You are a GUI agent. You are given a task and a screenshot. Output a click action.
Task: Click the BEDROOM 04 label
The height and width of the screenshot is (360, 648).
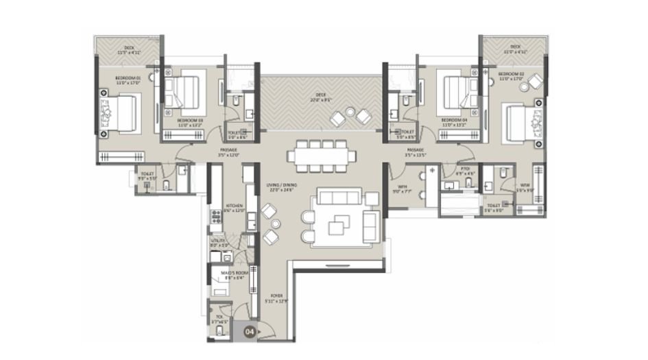[x=454, y=121]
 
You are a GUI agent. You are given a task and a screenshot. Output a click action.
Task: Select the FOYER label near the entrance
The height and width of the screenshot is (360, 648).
[x=276, y=296]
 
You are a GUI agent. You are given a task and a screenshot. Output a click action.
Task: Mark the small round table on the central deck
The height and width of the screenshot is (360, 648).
[x=351, y=112]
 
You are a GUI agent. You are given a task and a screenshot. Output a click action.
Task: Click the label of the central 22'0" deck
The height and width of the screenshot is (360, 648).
[x=320, y=97]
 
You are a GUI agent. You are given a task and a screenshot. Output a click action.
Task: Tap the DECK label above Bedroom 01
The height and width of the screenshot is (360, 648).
[x=129, y=49]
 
